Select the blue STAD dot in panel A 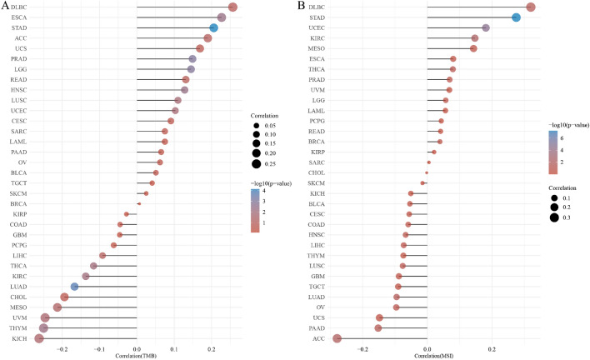[214, 27]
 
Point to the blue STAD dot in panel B [516, 17]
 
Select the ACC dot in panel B [337, 338]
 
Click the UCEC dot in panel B [486, 27]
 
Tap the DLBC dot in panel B [531, 7]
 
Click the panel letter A [6, 7]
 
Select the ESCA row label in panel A [19, 17]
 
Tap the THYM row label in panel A [18, 328]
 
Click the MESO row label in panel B [317, 48]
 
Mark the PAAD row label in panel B [317, 328]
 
